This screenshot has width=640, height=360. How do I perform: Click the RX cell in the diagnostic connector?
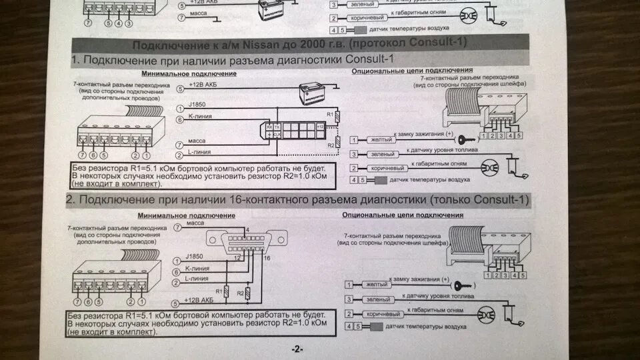[269, 126]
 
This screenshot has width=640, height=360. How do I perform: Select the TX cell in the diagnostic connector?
[277, 126]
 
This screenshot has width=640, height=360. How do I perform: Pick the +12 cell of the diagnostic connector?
[320, 126]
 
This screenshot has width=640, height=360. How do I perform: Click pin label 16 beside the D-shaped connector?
[268, 257]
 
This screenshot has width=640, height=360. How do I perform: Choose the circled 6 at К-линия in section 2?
[177, 271]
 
